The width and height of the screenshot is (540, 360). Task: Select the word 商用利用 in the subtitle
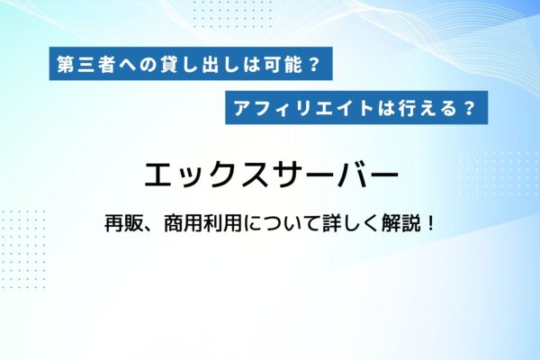(198, 222)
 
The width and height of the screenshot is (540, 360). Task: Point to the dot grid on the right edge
(504, 171)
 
